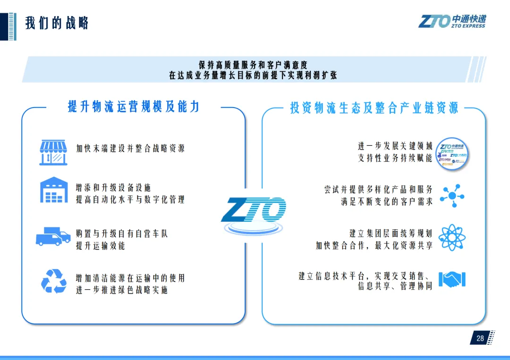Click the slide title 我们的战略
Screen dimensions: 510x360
[57, 23]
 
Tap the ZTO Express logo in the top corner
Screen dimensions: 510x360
[452, 21]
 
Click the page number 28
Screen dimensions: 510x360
[480, 338]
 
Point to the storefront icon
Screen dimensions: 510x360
[53, 152]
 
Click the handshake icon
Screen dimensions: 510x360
[452, 279]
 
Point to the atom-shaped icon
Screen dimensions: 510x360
[452, 238]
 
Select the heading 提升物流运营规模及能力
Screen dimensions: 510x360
[134, 107]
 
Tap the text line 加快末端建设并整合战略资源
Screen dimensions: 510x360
[131, 148]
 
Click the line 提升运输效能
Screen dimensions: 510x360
[101, 246]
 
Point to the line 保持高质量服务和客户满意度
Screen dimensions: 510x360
[253, 65]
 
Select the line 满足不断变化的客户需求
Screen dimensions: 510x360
[387, 201]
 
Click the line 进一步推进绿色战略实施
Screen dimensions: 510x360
[122, 290]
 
